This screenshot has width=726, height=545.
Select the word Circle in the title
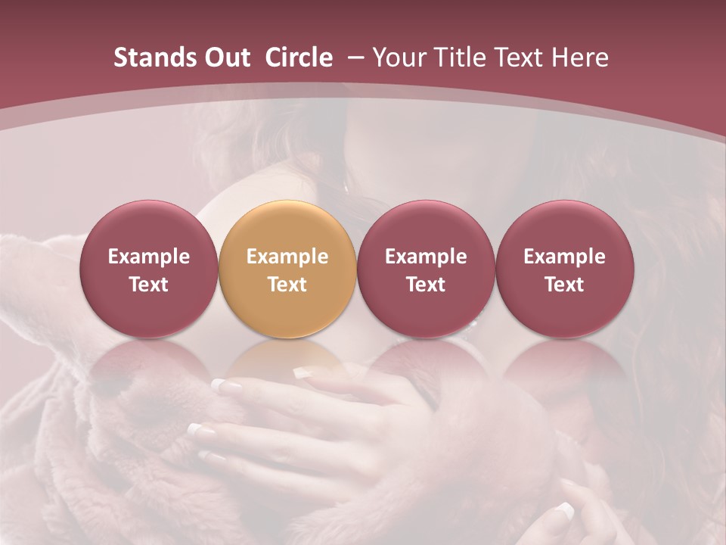coord(299,58)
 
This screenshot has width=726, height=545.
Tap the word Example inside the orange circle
coord(287,257)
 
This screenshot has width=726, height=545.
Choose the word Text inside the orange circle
coord(287,285)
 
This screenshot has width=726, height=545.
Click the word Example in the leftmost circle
coord(148,257)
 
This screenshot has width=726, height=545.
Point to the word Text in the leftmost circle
coord(148,285)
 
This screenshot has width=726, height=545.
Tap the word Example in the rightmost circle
coord(565,257)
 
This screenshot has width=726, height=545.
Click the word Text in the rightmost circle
coord(565,285)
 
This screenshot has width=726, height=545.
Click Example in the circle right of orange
coord(426,257)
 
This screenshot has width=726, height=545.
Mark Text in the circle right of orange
coord(426,285)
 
